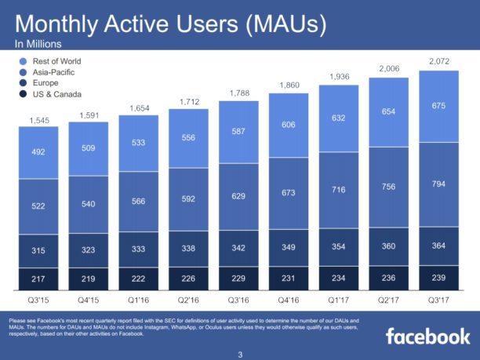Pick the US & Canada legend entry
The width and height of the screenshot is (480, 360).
(x=55, y=95)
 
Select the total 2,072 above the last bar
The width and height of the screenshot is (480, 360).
(x=440, y=60)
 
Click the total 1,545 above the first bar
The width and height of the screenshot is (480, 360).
(x=38, y=121)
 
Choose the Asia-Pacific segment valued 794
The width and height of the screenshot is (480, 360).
(x=440, y=184)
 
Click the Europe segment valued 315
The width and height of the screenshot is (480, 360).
(x=38, y=250)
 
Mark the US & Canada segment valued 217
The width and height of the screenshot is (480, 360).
(x=38, y=278)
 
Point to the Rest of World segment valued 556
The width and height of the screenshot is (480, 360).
(x=189, y=138)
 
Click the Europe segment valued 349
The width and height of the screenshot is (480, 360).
(x=289, y=248)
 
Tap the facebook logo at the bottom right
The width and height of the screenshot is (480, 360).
(x=427, y=336)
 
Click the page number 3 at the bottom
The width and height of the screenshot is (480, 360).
(x=240, y=353)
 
